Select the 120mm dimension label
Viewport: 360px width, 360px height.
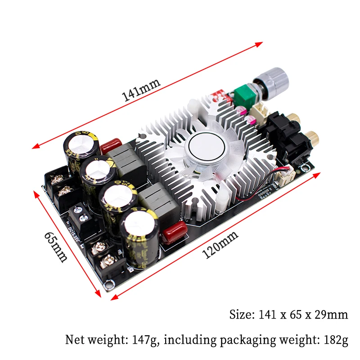(220, 245)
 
